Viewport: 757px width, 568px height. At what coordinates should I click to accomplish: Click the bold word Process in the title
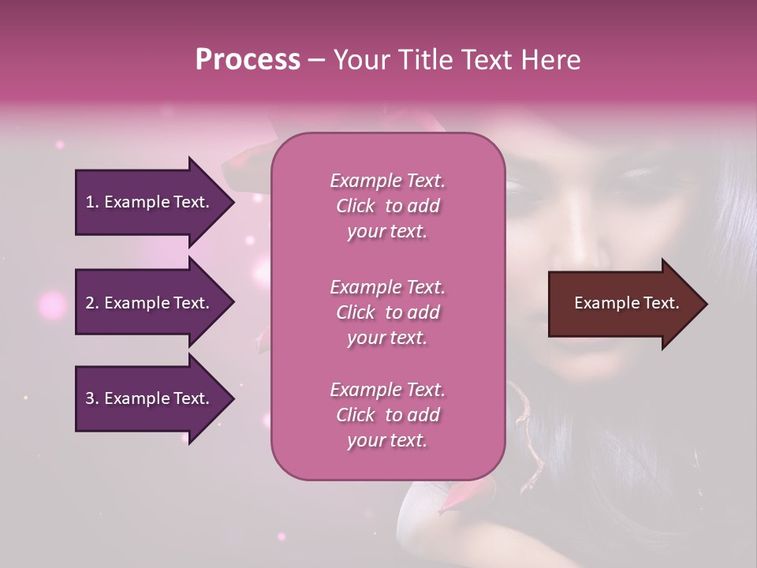click(x=248, y=59)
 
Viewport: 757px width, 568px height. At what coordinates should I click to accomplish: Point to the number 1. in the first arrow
click(x=91, y=202)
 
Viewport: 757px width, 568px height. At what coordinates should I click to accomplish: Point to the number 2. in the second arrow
click(x=91, y=303)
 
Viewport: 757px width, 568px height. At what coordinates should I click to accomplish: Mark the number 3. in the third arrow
click(x=91, y=398)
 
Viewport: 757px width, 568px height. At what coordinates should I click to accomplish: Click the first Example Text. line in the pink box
click(x=387, y=181)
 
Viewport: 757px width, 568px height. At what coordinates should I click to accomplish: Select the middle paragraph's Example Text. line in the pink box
click(x=387, y=287)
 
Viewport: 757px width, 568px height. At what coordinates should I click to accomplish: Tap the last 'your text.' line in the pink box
click(x=387, y=441)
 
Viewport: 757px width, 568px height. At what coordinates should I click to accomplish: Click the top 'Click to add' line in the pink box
click(x=387, y=206)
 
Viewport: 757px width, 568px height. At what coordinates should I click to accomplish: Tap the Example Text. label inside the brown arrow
click(x=627, y=303)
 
